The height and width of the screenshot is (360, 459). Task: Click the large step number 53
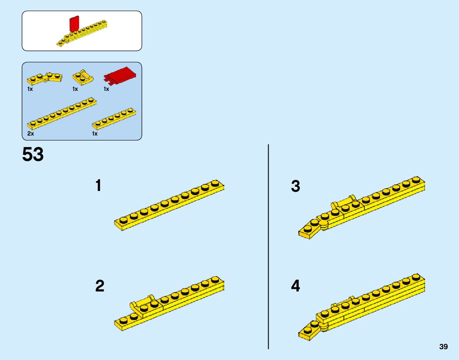(x=33, y=155)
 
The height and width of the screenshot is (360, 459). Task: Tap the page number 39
(x=443, y=347)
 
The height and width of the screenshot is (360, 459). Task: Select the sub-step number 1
(x=99, y=186)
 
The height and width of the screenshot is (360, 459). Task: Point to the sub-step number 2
(x=99, y=286)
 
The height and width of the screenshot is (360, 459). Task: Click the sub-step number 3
(x=295, y=186)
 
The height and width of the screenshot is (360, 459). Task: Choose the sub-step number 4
(x=296, y=286)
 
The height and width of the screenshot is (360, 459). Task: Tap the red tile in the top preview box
(x=74, y=24)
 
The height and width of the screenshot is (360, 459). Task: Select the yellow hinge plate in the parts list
(x=45, y=78)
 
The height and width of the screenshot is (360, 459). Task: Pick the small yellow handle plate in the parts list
(x=83, y=77)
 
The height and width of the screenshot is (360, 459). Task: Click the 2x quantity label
(x=31, y=134)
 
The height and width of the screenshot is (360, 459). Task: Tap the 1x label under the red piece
(x=106, y=89)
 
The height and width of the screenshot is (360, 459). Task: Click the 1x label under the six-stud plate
(x=95, y=134)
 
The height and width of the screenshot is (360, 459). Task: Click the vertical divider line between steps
(x=268, y=246)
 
